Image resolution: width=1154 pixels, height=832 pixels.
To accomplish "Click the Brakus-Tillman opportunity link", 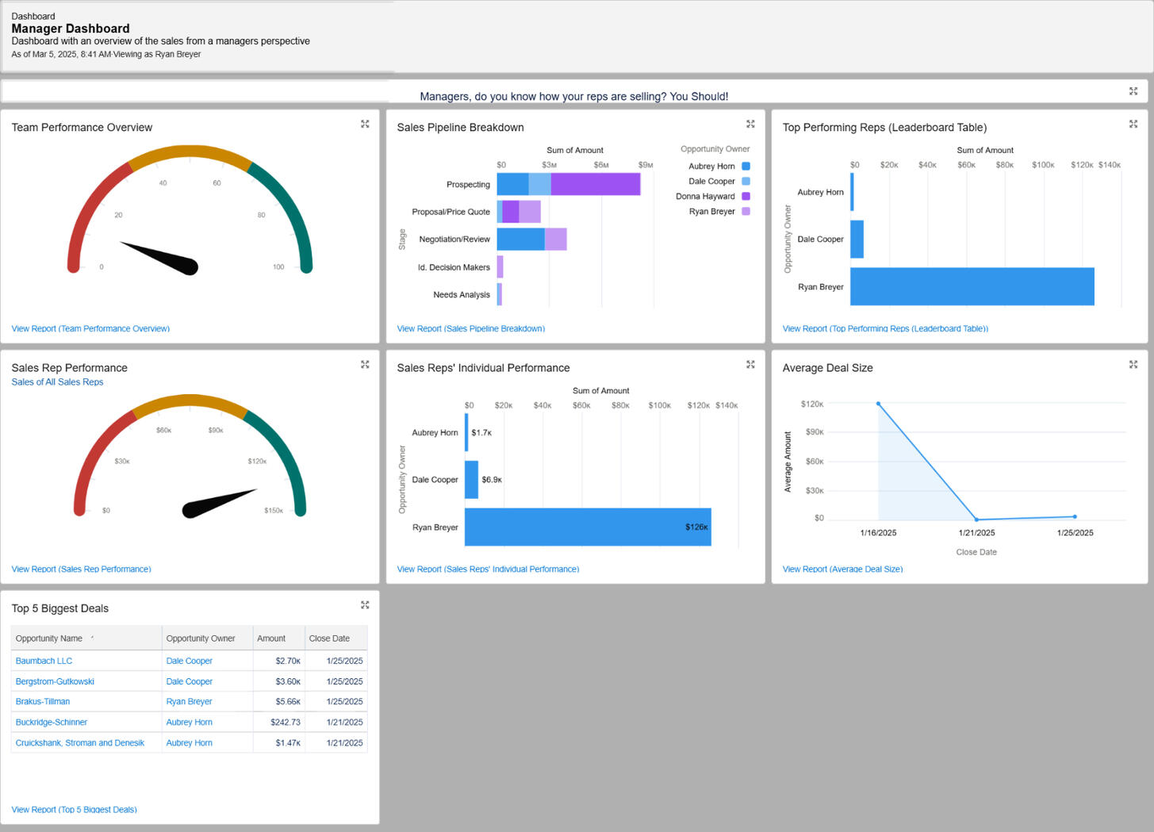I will (x=43, y=702).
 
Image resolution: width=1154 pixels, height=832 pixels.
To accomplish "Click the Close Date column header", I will (x=329, y=638).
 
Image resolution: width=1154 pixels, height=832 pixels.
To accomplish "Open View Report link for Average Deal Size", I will (x=842, y=569).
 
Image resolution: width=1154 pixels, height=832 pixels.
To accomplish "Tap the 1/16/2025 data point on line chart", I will (x=878, y=404).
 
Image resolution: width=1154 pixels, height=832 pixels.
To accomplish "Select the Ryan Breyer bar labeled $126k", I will (x=587, y=527).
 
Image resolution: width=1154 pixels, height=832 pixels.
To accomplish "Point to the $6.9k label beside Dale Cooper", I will (x=492, y=480).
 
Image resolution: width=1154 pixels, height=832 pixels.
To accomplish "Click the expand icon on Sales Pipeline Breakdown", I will (x=750, y=125).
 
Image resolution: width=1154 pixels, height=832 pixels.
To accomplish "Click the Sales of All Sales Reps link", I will (x=57, y=382).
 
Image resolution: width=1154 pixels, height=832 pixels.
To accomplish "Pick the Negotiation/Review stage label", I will (x=454, y=240).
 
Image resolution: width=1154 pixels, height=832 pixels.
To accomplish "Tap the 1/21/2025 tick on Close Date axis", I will (x=976, y=533).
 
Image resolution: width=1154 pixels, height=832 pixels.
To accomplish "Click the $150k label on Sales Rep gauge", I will (x=274, y=511).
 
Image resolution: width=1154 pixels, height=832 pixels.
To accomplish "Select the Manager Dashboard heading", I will (x=71, y=29).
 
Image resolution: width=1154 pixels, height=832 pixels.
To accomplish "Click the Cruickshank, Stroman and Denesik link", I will (x=80, y=743).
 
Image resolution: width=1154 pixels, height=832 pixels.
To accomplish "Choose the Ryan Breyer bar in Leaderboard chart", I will (x=972, y=286).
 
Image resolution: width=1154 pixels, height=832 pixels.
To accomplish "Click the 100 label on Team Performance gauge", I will (x=278, y=267).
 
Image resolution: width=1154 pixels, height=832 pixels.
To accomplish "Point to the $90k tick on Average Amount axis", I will (x=815, y=432).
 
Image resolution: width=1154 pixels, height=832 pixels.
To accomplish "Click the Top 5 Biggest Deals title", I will (x=60, y=608).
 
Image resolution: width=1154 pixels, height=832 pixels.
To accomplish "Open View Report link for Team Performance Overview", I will (x=90, y=328).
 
